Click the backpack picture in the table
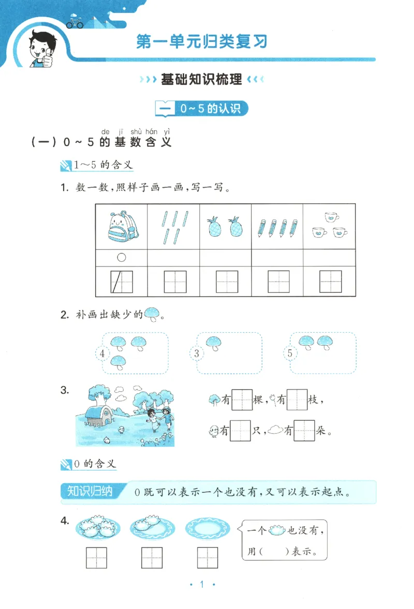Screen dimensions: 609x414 pyautogui.click(x=122, y=226)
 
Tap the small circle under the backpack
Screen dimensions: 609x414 pyautogui.click(x=122, y=258)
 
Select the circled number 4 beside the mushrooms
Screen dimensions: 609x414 pyautogui.click(x=103, y=354)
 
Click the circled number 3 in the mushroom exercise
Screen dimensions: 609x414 pyautogui.click(x=196, y=354)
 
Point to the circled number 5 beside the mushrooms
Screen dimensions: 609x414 pyautogui.click(x=290, y=354)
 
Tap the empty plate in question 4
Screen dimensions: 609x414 pyautogui.click(x=206, y=528)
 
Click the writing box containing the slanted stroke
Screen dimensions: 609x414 pyautogui.click(x=122, y=282)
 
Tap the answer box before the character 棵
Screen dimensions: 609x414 pyautogui.click(x=242, y=400)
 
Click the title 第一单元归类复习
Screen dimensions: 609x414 pyautogui.click(x=202, y=41)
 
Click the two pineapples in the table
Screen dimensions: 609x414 pyautogui.click(x=226, y=226)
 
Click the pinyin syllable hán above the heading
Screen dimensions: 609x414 pyautogui.click(x=152, y=131)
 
